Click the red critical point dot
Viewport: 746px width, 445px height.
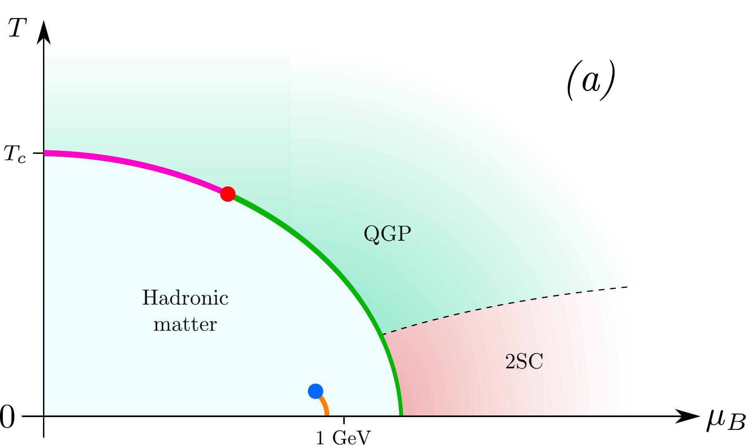coord(228,194)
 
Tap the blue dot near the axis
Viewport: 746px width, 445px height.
coord(315,391)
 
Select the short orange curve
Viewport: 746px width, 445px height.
coord(325,406)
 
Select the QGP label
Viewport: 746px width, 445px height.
coord(387,235)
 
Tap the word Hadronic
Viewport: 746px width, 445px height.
coord(185,298)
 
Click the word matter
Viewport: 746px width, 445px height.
coord(185,324)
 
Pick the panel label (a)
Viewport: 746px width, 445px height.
coord(590,81)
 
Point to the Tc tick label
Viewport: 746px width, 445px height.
coord(15,154)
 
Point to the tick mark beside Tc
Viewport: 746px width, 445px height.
coord(38,153)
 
